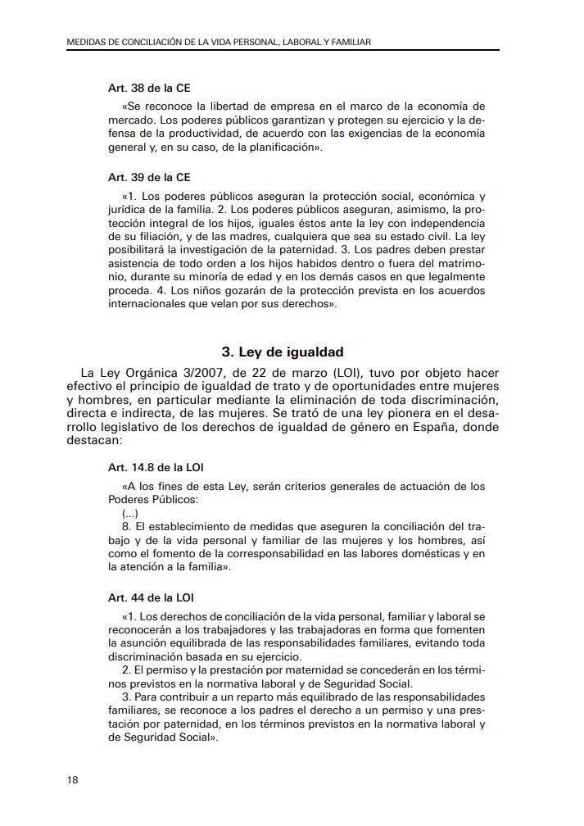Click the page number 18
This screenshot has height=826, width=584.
(72, 779)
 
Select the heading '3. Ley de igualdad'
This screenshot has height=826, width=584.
(282, 352)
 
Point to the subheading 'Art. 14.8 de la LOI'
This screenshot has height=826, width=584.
(156, 467)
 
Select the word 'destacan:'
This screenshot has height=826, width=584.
(94, 441)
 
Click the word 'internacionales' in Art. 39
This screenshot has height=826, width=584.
(150, 304)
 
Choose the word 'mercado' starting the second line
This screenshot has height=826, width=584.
(130, 120)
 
